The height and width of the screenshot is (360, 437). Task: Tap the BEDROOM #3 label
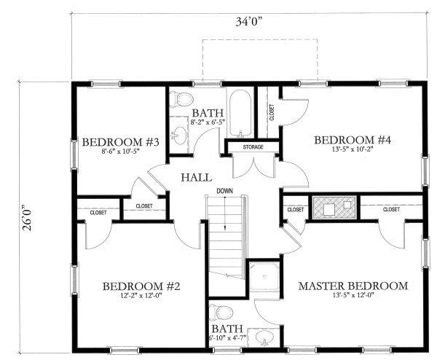(x=121, y=142)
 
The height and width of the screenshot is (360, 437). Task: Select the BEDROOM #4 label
(x=353, y=139)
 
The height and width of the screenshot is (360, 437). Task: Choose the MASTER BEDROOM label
(x=353, y=286)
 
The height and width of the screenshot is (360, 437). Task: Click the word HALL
(x=197, y=177)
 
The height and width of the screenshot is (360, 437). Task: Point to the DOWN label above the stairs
(x=224, y=192)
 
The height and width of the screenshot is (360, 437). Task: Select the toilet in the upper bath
(x=184, y=100)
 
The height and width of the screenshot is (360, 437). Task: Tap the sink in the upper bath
(x=179, y=135)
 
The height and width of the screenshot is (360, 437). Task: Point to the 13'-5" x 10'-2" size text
(x=353, y=151)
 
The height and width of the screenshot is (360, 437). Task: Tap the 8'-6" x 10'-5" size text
(x=121, y=153)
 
